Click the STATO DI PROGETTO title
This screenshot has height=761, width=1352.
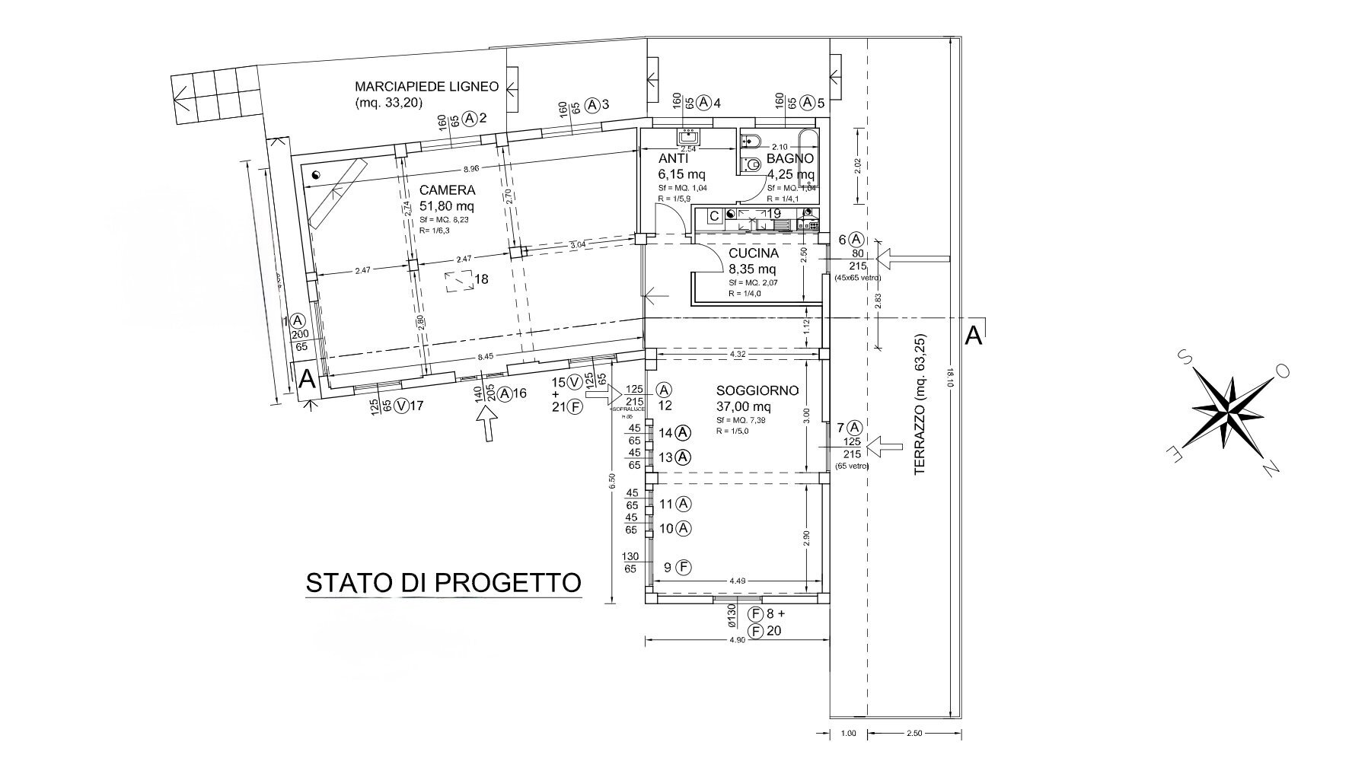tap(443, 584)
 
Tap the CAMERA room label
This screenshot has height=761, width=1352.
tap(447, 190)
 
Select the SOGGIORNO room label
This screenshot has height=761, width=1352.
tap(757, 391)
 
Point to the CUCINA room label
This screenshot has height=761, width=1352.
tap(753, 253)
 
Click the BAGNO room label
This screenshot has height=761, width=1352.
tap(789, 159)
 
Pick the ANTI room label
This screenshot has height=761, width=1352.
tap(673, 159)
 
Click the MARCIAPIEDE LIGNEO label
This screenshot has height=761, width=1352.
tap(426, 87)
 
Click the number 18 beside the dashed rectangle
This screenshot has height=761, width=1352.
tap(481, 279)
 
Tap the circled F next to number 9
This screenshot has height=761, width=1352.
tap(684, 567)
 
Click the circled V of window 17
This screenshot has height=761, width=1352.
tap(399, 406)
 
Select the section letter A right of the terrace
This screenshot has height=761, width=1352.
tap(972, 336)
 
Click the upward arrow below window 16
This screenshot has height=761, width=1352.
tap(487, 423)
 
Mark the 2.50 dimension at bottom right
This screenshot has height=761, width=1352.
tap(914, 734)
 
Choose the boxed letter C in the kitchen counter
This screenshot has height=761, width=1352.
tap(714, 216)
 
